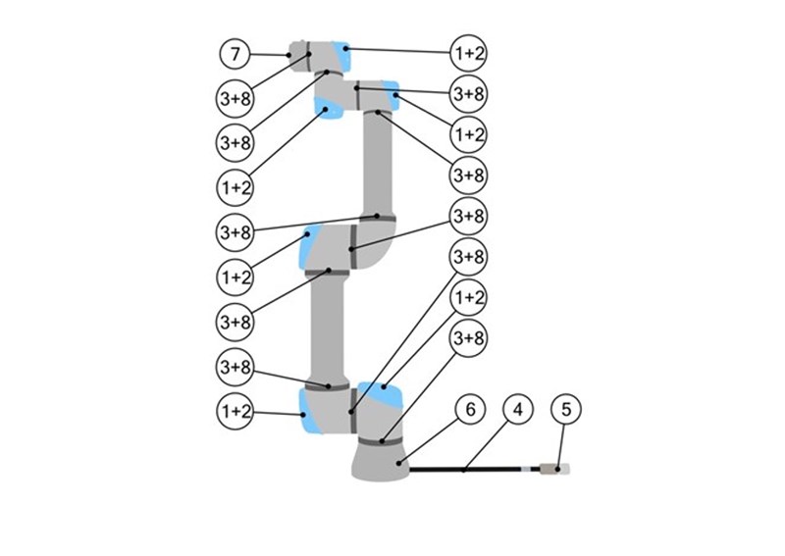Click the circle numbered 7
click(x=235, y=54)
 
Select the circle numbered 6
click(x=470, y=409)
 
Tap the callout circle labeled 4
click(x=518, y=409)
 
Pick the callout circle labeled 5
click(x=566, y=409)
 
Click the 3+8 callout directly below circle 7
click(x=235, y=99)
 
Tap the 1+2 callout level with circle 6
click(x=235, y=412)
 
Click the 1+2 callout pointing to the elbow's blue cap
click(x=235, y=277)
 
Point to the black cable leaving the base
click(x=465, y=470)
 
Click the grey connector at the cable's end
click(x=549, y=470)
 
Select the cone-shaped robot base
click(x=381, y=462)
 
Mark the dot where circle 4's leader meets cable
click(x=463, y=470)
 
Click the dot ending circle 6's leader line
click(x=399, y=463)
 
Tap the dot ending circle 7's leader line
click(x=288, y=55)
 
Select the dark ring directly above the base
click(x=381, y=441)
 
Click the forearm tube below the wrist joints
click(x=378, y=163)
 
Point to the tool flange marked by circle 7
click(x=299, y=56)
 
